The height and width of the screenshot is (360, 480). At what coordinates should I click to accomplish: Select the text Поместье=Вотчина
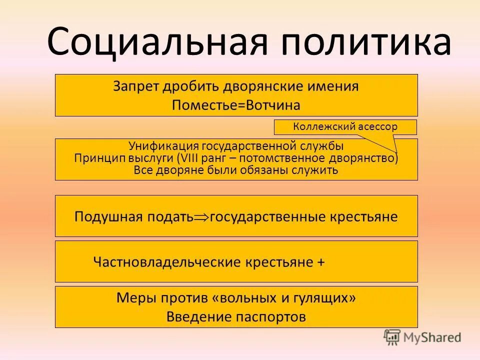point(236,105)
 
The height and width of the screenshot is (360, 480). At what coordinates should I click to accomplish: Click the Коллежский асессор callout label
point(345,127)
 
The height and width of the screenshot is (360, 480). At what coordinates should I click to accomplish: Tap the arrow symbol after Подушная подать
point(201,217)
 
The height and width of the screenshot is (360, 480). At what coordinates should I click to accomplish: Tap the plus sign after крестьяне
point(320,262)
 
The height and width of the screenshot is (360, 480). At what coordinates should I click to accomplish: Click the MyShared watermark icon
point(392,337)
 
